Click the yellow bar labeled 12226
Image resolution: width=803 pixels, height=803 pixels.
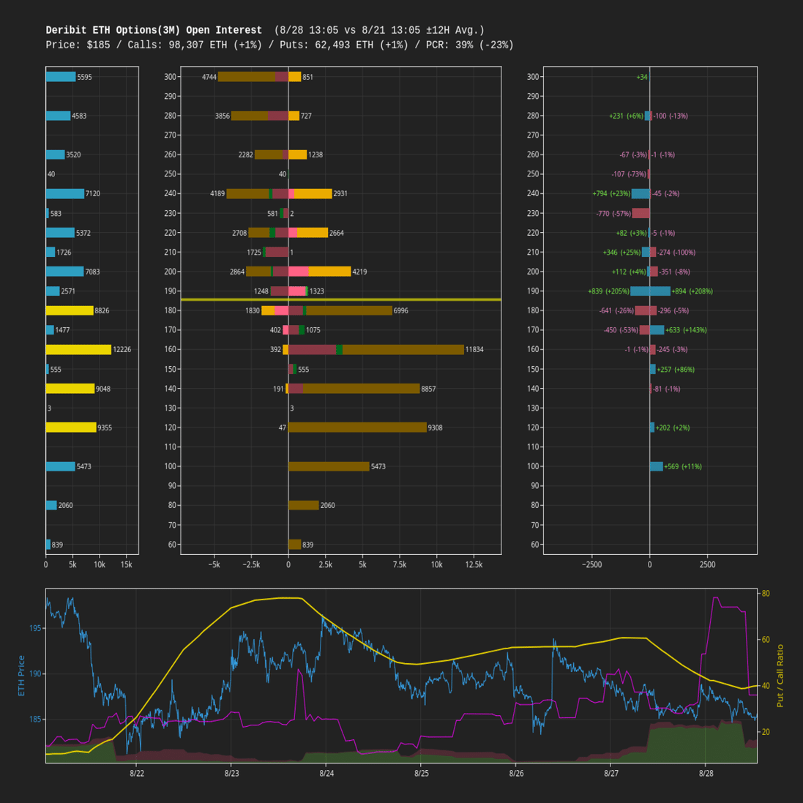[78, 350]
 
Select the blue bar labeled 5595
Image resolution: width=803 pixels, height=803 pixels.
[61, 77]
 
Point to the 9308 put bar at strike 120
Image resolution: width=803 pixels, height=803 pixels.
[357, 427]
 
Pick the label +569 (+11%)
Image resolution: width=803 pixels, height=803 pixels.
[683, 467]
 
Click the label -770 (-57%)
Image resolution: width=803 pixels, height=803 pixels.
[613, 214]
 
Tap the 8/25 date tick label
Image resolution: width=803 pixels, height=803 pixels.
[421, 773]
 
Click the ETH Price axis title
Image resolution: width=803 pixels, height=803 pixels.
[21, 676]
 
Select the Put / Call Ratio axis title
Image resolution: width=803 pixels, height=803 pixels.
[780, 676]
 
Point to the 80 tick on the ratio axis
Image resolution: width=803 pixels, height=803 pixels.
[765, 593]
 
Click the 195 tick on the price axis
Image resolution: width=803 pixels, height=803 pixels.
[36, 628]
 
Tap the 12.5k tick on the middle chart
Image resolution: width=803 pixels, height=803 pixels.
[473, 565]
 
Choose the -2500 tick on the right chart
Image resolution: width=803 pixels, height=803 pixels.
[591, 565]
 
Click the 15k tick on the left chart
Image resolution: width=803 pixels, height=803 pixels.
[126, 565]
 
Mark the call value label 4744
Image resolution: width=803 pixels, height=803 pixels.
[209, 77]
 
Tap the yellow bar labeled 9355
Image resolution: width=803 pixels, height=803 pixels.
[71, 427]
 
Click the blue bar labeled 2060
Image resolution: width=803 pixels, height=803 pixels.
[51, 506]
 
